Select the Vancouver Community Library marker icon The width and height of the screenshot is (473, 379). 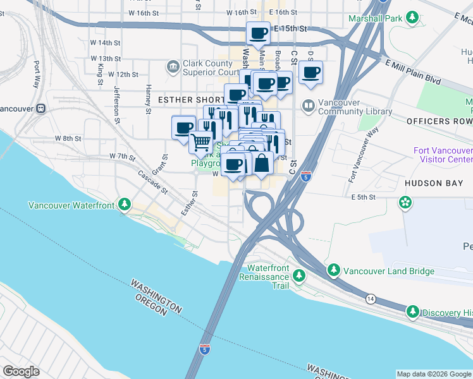point(309,105)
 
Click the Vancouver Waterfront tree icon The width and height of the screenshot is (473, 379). point(125,205)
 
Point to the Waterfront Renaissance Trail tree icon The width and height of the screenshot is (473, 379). point(299,276)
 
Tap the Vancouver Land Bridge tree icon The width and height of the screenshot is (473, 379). point(333,271)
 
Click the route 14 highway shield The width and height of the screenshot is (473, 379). point(370,298)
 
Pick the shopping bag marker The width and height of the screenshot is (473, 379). point(261,164)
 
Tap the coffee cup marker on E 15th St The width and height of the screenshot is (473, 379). point(258,33)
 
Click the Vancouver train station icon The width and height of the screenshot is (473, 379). point(40,107)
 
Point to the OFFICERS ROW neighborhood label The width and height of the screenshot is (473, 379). point(439,121)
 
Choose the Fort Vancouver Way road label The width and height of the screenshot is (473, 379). point(363,156)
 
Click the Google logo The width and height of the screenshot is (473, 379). point(21,371)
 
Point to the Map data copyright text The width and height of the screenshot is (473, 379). point(433,374)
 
